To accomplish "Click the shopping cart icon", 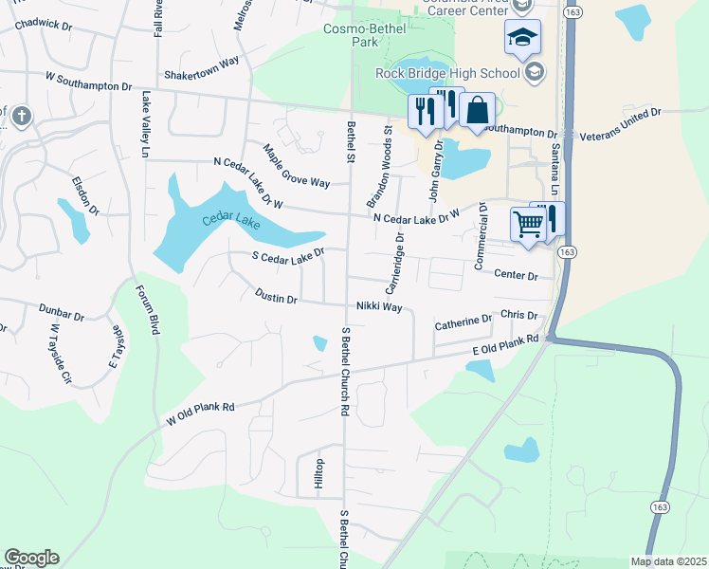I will click(528, 225).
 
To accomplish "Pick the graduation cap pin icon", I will click(521, 37).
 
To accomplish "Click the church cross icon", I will click(21, 118).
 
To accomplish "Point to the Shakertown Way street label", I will click(200, 68).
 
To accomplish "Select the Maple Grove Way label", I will click(296, 165).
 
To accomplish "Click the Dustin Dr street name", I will click(277, 297).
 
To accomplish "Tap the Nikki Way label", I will click(379, 307).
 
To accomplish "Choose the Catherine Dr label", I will click(464, 322).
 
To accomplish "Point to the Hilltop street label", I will click(320, 474).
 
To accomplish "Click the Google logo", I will click(31, 558).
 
